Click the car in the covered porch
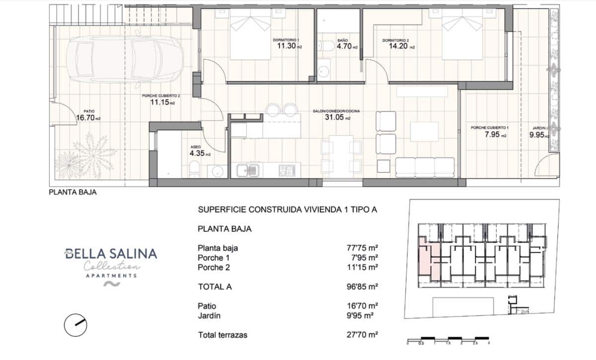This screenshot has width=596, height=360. point(125,61)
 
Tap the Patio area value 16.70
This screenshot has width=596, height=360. point(85,118)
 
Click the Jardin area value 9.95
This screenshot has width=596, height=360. point(538,135)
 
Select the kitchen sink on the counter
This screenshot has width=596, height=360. point(247,171)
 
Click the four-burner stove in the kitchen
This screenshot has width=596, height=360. point(286,171)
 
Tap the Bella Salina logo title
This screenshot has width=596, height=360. point(111,254)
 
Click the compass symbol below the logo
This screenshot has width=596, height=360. point(75,325)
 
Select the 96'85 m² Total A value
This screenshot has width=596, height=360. point(363,287)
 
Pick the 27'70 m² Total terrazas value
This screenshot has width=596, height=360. point(363,335)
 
